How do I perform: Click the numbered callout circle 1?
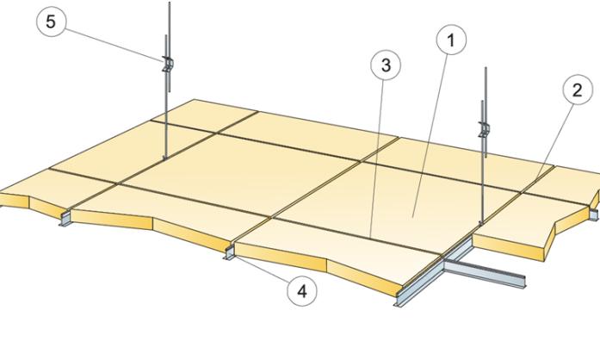coord(451,40)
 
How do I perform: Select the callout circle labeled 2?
coord(578,90)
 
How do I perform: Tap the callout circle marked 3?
coord(386,65)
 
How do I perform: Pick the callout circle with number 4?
coord(302,291)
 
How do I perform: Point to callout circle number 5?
coord(51,22)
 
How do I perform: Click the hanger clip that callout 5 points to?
coord(168,64)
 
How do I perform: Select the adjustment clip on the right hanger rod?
coord(484,129)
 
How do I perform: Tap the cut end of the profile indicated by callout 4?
coord(230,252)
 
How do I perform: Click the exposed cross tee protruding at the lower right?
coord(484,273)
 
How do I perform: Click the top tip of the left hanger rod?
coord(169,3)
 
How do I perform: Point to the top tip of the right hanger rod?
coord(486,68)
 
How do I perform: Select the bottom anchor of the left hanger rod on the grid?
coord(165,157)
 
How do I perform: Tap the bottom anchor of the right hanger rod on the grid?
coord(481,221)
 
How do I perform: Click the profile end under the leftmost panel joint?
coord(65,219)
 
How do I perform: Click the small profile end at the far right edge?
coord(593,214)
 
